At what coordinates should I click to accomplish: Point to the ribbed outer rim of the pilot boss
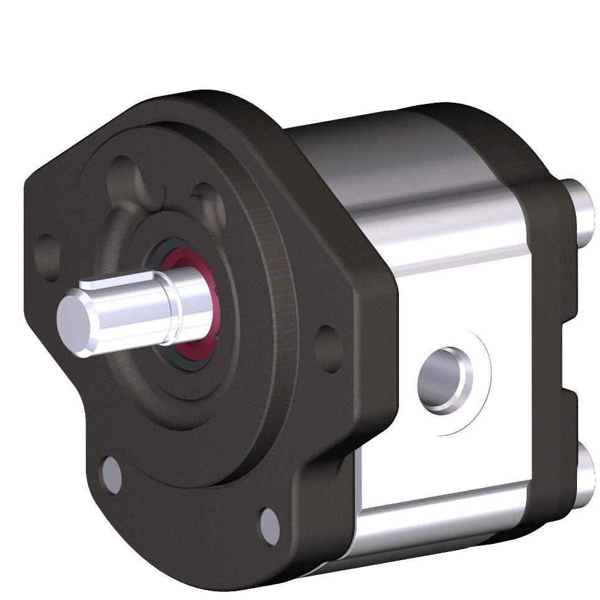(280, 293)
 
